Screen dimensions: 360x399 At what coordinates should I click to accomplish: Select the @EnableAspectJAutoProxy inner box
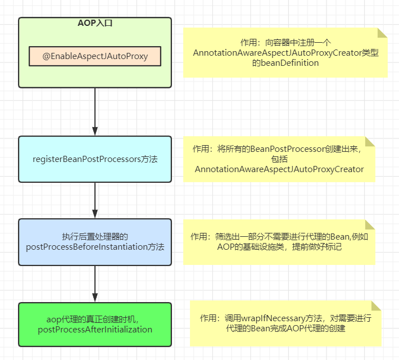95,56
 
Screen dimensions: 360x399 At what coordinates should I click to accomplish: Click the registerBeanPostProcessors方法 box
95,159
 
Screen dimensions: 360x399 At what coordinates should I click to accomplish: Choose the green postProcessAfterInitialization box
95,325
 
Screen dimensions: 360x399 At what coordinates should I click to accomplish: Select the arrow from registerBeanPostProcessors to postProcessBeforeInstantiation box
95,200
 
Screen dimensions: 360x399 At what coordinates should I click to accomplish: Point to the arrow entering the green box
95,284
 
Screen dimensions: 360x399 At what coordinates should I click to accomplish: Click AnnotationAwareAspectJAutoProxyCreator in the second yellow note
279,169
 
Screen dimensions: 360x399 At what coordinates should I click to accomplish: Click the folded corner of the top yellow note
382,33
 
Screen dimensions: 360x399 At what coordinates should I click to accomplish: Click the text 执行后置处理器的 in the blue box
95,236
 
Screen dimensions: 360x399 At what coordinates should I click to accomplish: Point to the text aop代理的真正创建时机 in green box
95,319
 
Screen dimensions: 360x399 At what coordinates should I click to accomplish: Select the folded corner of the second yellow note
370,141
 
